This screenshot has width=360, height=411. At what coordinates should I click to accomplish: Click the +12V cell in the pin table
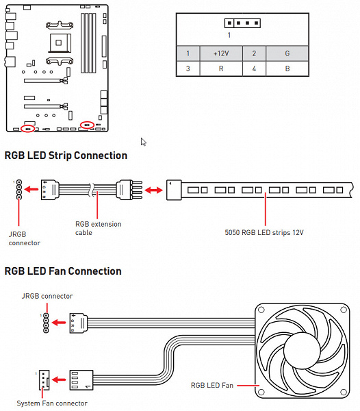(x=221, y=53)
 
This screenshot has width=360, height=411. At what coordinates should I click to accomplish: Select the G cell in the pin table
(x=287, y=53)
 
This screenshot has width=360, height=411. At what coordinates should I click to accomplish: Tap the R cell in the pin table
(x=221, y=68)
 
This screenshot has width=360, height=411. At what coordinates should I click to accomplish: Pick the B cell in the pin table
(x=287, y=68)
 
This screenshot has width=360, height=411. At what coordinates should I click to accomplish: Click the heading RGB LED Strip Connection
(x=66, y=155)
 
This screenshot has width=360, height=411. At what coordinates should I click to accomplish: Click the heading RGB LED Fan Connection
(x=63, y=271)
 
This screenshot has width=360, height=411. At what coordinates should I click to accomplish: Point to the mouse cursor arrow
(x=143, y=142)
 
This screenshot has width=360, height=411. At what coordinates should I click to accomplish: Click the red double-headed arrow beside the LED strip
(x=154, y=190)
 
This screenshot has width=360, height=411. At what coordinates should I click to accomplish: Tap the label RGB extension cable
(x=98, y=228)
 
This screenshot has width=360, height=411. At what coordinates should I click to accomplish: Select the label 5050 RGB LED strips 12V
(x=264, y=232)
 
